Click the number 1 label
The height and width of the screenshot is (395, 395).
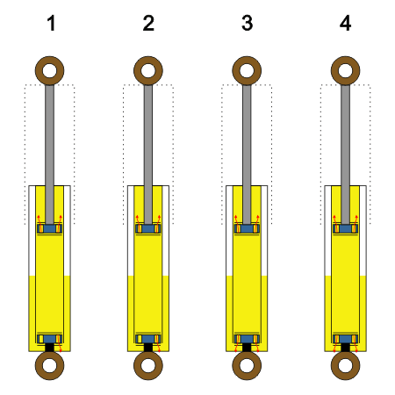pos(51,24)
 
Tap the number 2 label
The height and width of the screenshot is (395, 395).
pos(148,24)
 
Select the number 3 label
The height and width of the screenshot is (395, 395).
pos(248,24)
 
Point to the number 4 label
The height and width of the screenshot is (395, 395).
pos(346,24)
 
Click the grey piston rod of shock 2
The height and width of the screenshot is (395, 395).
pos(148,154)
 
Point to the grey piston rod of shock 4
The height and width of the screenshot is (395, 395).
pos(345,154)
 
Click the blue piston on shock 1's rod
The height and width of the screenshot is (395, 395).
pos(49,228)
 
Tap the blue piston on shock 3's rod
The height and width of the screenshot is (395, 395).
pos(247,228)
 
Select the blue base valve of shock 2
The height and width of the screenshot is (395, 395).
pos(148,339)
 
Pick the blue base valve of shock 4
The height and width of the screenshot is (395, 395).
pos(345,339)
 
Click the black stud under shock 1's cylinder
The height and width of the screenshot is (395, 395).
pos(49,348)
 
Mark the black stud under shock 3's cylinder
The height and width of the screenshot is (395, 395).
pos(247,348)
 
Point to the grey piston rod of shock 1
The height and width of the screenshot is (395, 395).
pos(49,154)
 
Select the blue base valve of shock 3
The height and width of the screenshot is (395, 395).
pos(247,339)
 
